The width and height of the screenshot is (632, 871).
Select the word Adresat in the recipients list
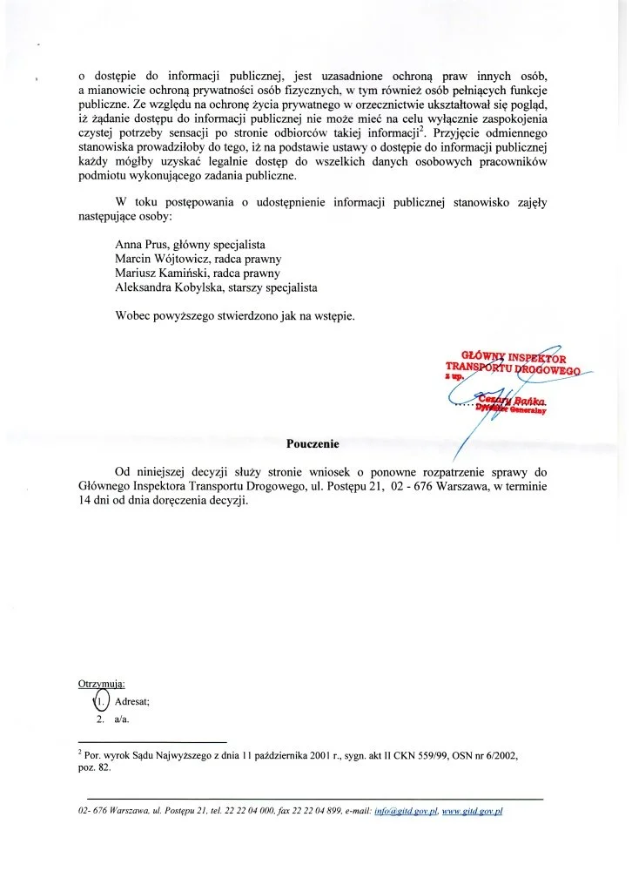pos(133,701)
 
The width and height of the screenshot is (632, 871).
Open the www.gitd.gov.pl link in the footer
pos(473,811)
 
